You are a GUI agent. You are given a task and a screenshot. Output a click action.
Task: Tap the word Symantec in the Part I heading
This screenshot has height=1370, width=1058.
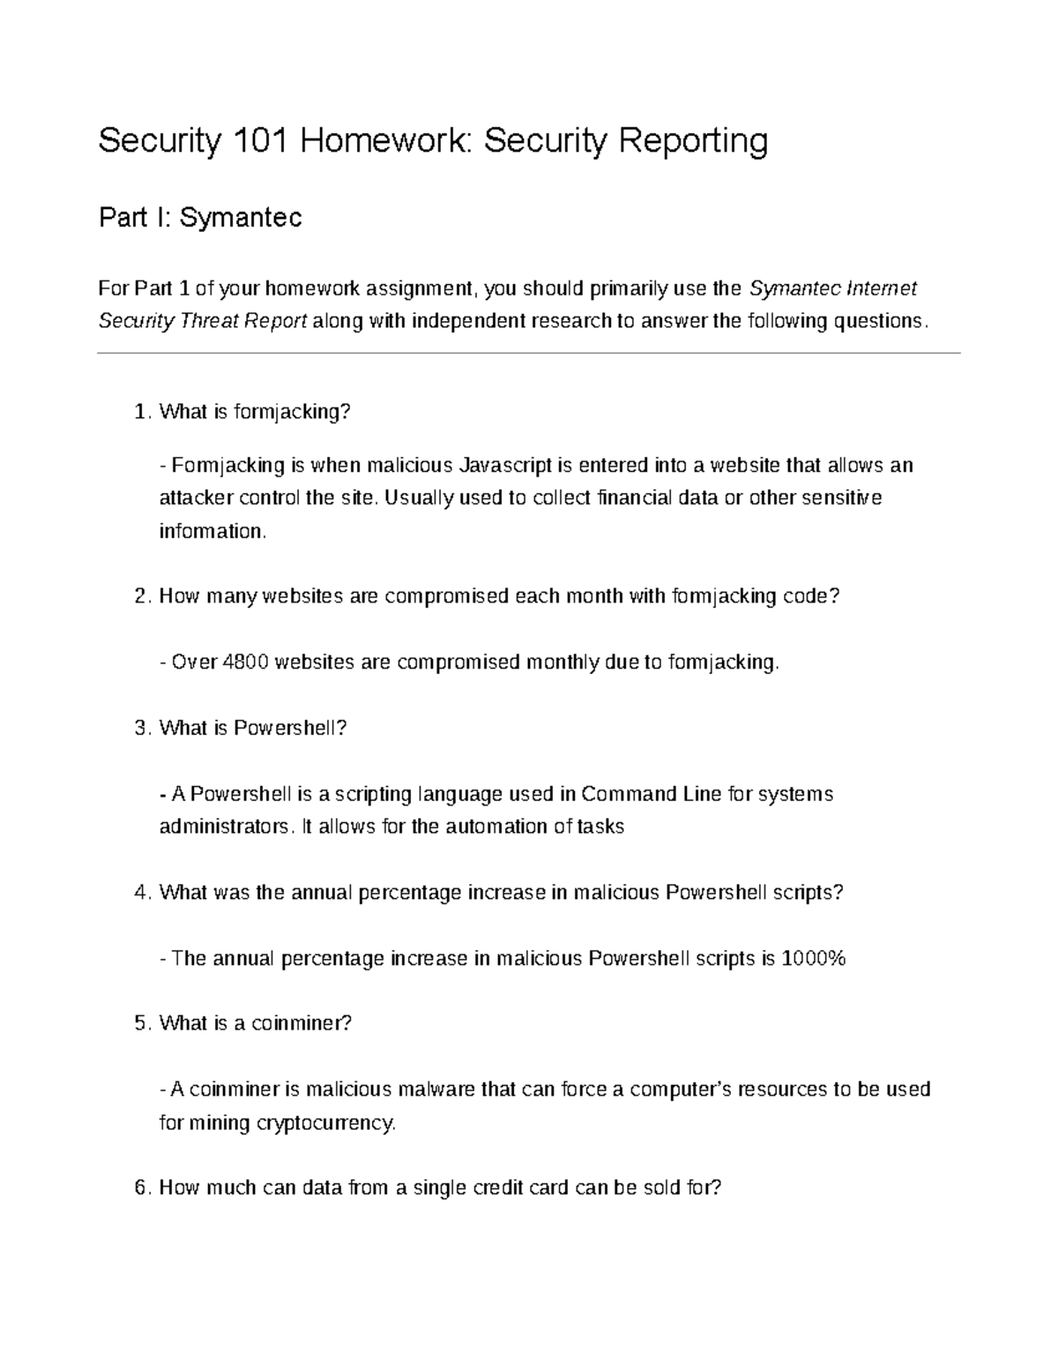[241, 217]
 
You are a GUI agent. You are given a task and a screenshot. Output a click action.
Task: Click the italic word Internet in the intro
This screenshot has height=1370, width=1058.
[881, 288]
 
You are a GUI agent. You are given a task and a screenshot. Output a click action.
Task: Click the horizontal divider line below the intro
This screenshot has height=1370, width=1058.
[529, 354]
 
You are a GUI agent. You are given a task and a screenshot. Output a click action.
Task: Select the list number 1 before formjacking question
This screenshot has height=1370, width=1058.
[140, 412]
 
